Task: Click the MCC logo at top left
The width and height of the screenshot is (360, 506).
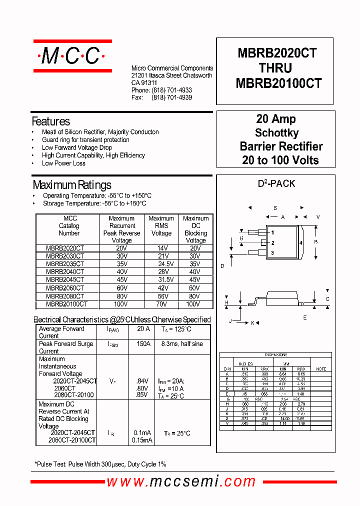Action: (x=72, y=56)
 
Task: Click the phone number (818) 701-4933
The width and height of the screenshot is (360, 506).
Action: (x=171, y=90)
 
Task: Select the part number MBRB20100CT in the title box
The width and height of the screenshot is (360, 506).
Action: (x=278, y=83)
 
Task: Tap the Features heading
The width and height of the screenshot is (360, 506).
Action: (x=50, y=121)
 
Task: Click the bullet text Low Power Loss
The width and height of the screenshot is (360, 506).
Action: (x=63, y=163)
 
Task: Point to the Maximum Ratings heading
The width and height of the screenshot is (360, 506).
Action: (x=71, y=185)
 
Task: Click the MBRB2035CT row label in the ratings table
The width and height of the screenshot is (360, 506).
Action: (x=65, y=263)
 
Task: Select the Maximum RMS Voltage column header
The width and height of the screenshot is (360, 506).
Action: (x=161, y=225)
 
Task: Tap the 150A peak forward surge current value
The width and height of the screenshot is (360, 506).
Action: (x=143, y=344)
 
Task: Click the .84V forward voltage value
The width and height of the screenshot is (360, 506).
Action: (x=142, y=381)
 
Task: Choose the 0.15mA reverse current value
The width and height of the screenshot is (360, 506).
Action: (x=142, y=440)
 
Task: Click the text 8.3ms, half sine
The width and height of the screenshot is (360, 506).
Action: (x=182, y=344)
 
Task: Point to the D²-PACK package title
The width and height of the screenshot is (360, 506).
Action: (x=276, y=183)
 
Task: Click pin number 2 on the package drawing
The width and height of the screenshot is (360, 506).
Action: (x=272, y=243)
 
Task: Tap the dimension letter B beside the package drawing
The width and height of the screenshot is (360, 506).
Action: (x=315, y=242)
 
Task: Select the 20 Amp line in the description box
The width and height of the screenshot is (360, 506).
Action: (x=276, y=119)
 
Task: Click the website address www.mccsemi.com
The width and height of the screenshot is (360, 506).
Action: (x=181, y=481)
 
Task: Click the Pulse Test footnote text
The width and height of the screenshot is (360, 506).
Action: (x=100, y=464)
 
